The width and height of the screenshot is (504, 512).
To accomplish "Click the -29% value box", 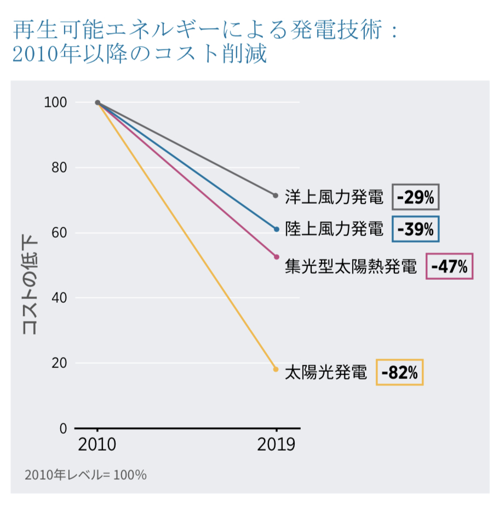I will tap(416, 197).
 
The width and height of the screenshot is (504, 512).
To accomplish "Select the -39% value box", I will tap(416, 229).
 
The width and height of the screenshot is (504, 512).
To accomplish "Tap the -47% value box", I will tap(449, 267).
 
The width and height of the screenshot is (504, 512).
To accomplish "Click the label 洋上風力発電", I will tap(334, 197).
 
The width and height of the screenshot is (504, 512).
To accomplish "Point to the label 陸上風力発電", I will tap(334, 229).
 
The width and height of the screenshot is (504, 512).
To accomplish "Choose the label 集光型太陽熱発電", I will tap(351, 267).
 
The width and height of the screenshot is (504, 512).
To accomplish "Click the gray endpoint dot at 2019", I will tap(276, 195).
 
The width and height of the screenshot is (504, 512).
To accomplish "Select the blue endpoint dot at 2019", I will tap(276, 229).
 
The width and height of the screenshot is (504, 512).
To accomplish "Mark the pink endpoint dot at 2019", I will tap(276, 257).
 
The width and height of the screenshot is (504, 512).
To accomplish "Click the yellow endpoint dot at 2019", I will tap(276, 369).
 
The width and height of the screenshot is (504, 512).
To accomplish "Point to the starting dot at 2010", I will tap(98, 102).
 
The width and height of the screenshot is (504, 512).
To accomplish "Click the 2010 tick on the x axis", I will tap(97, 444).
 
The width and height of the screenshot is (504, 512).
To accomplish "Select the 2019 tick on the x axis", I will tap(276, 444).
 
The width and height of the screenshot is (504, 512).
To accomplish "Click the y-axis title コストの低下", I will tap(28, 285).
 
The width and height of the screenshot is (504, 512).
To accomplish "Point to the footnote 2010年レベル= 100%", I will tap(85, 475).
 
